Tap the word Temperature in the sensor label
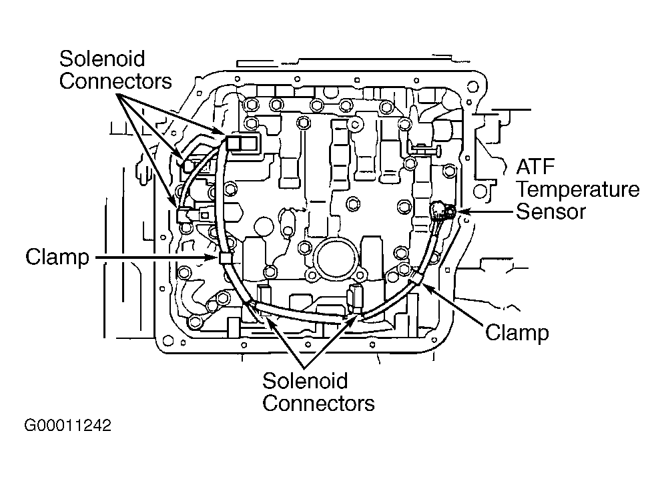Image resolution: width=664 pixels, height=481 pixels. (x=577, y=189)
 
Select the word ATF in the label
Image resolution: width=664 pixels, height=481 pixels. (x=536, y=167)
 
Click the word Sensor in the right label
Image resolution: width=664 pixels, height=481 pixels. (x=551, y=211)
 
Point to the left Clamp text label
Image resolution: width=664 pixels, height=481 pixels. (x=57, y=257)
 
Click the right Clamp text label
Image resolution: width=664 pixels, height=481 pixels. (x=517, y=332)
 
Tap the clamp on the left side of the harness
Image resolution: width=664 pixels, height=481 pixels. (x=224, y=258)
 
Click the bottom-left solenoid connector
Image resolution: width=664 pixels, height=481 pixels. (x=262, y=295)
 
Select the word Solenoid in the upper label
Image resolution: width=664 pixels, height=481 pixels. (x=102, y=58)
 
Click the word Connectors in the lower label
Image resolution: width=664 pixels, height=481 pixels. (x=318, y=403)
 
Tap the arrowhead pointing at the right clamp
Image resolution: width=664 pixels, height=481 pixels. (x=425, y=284)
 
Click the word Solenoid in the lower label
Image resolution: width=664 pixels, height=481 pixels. (x=305, y=381)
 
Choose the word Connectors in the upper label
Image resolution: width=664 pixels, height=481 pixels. (x=115, y=81)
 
